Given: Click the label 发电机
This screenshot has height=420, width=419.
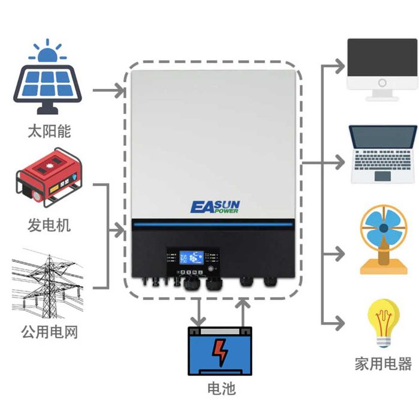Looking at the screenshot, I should click(49, 225).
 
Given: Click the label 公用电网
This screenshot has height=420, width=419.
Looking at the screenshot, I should click(49, 331).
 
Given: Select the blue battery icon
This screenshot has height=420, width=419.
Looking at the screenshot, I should click(221, 350).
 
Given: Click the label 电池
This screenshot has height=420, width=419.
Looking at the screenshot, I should click(221, 388).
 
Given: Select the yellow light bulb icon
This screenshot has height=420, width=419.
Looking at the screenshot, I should click(383, 323).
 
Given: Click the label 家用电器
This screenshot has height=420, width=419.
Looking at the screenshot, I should click(384, 363).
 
